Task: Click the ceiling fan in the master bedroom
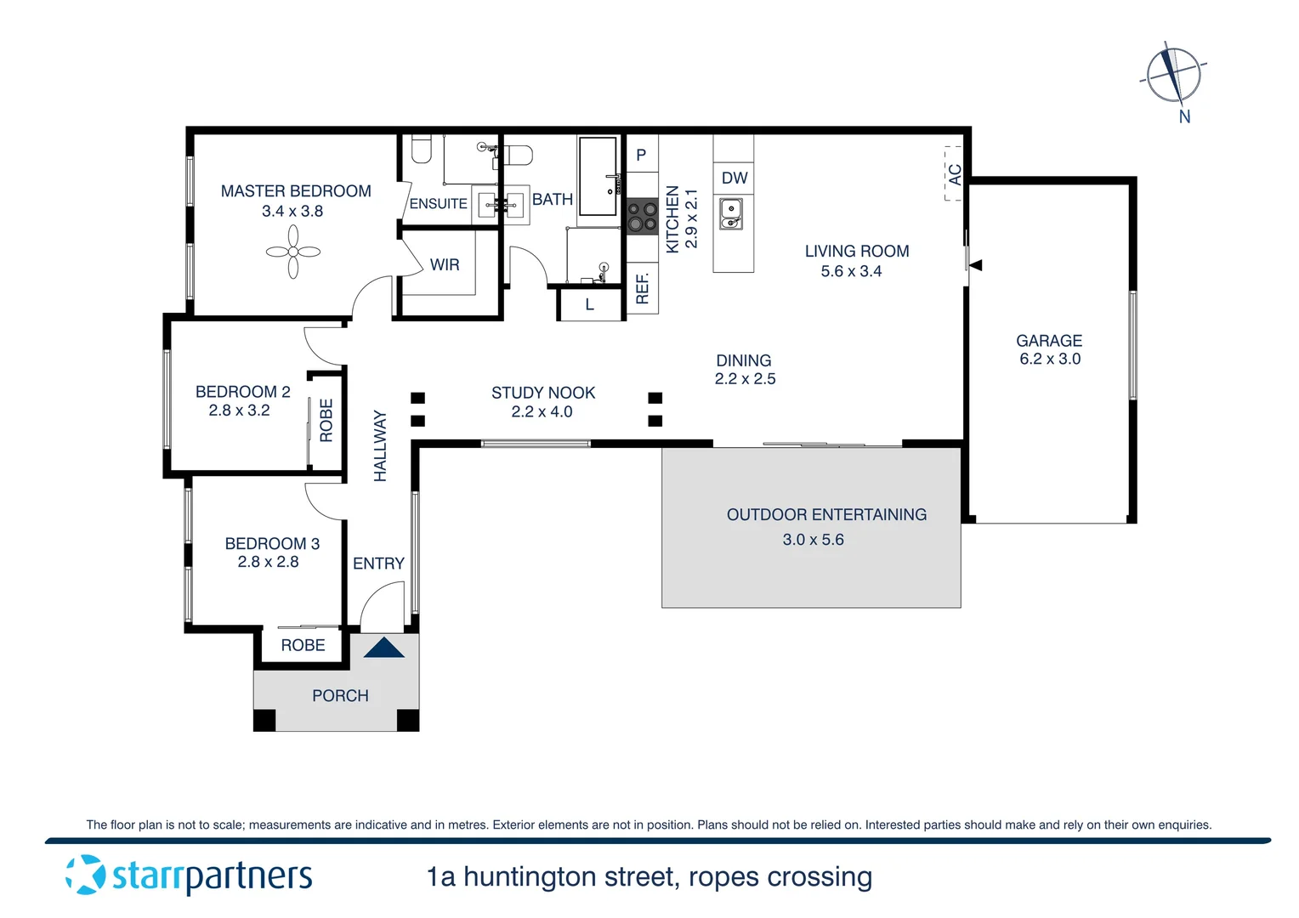click(x=292, y=252)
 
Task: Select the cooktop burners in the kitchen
click(x=642, y=216)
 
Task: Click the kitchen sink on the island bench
click(x=731, y=213)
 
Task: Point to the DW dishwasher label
click(x=734, y=178)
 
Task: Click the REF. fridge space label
click(x=643, y=288)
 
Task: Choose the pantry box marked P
click(x=641, y=155)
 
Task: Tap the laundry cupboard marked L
click(x=589, y=305)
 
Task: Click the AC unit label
click(x=955, y=175)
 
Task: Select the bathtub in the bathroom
click(x=598, y=176)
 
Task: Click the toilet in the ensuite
click(x=421, y=150)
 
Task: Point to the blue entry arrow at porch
click(x=383, y=648)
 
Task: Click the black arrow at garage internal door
click(x=976, y=265)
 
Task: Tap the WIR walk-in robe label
click(x=444, y=264)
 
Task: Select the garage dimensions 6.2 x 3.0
click(x=1050, y=359)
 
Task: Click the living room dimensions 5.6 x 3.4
click(x=851, y=271)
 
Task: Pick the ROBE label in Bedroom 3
click(x=303, y=645)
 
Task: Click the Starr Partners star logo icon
click(x=85, y=875)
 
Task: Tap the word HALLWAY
click(x=380, y=445)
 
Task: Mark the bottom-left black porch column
click(x=264, y=720)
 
